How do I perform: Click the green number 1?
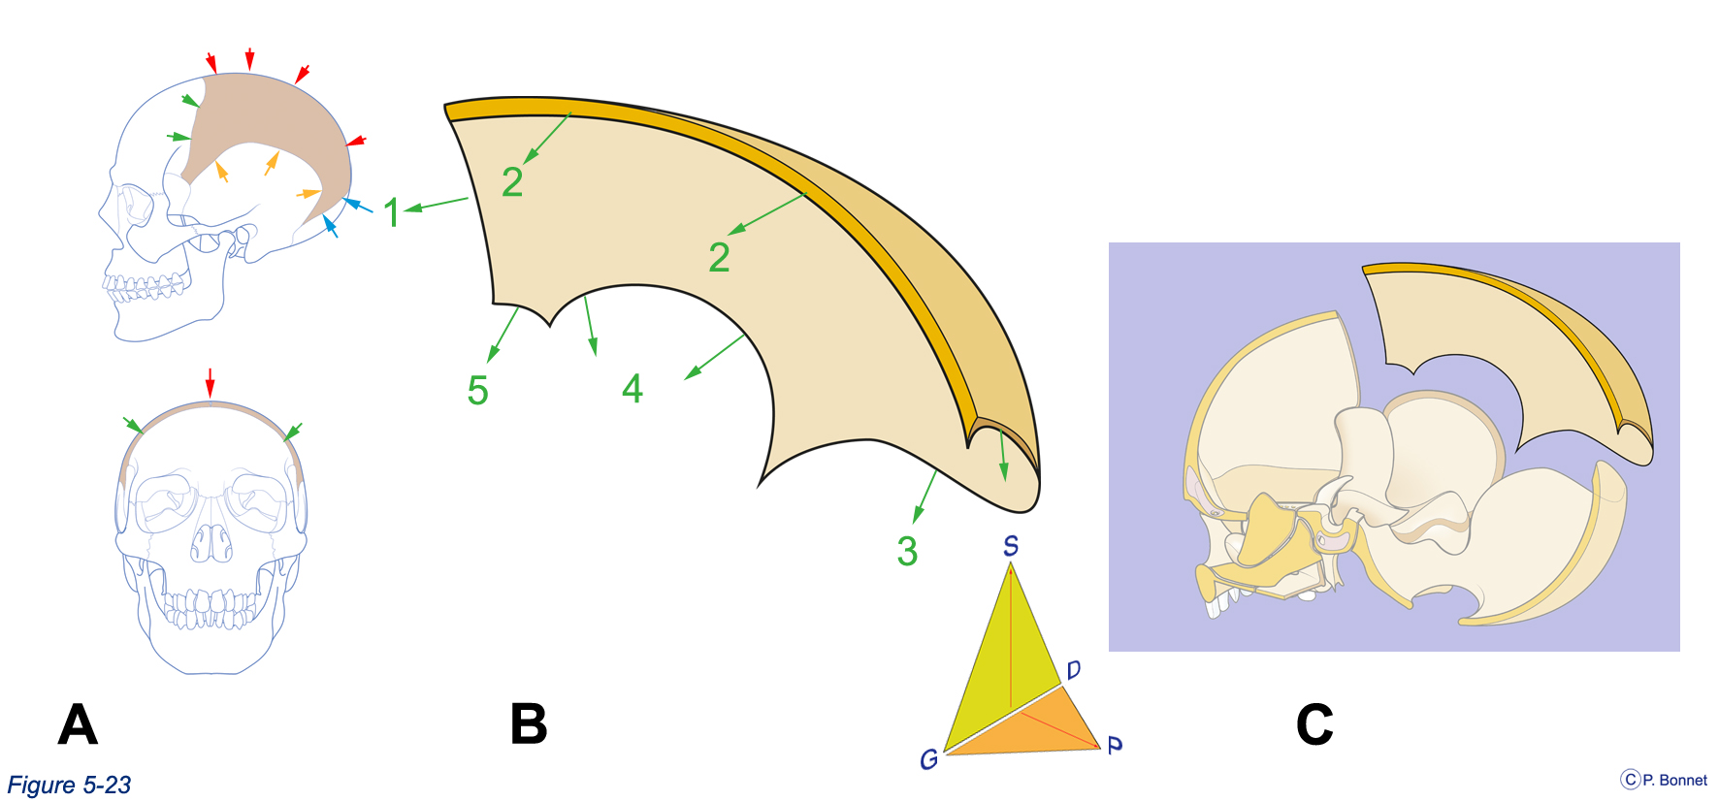tap(391, 212)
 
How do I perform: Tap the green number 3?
tap(907, 551)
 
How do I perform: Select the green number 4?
tap(632, 389)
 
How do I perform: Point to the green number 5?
tap(477, 391)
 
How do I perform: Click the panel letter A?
tap(78, 723)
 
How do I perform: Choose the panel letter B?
tap(529, 723)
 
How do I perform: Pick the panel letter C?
tap(1314, 723)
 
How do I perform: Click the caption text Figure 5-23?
tap(69, 785)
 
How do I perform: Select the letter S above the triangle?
tap(1011, 546)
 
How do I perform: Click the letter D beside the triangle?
tap(1073, 670)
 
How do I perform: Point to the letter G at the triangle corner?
tap(928, 759)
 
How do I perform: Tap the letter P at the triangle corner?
tap(1115, 745)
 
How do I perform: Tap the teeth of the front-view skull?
tap(210, 609)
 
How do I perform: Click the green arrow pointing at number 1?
tap(437, 204)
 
